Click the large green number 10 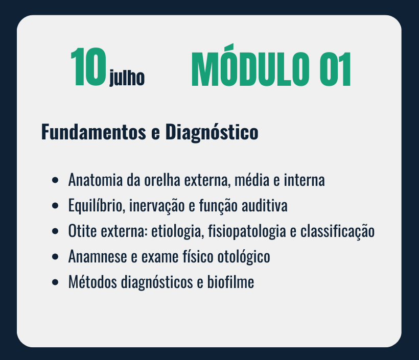(88, 67)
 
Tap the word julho (127, 78)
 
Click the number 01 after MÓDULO (335, 69)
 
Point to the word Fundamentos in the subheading (94, 132)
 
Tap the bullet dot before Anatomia (55, 180)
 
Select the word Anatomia (96, 180)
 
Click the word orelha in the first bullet (162, 180)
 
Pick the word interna (305, 180)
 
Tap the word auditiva (265, 206)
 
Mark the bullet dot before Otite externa (55, 231)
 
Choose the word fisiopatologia (247, 231)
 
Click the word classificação (337, 231)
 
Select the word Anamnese (98, 256)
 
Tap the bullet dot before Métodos (55, 282)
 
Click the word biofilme (230, 282)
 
